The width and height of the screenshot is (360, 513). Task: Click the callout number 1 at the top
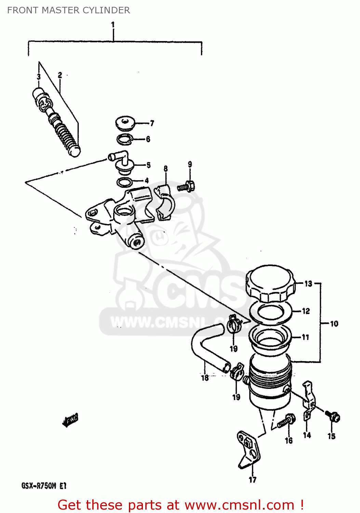click(113, 25)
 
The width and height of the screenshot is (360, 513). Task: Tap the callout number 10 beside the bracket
click(334, 324)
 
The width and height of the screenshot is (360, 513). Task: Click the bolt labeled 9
click(187, 187)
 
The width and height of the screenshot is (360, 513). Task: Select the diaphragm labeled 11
click(270, 337)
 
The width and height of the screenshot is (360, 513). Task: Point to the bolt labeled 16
click(286, 421)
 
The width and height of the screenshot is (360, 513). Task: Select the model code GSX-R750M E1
click(44, 486)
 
